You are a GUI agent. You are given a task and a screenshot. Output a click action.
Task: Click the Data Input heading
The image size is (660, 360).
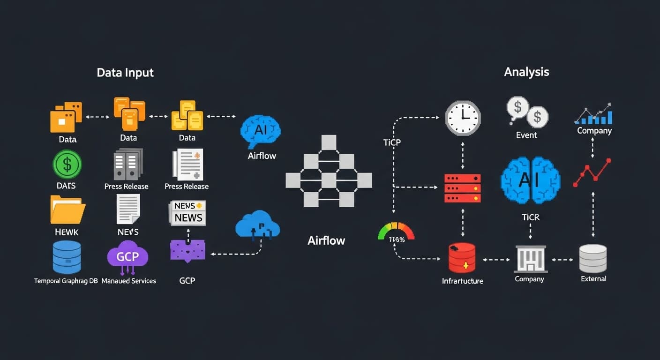(125, 73)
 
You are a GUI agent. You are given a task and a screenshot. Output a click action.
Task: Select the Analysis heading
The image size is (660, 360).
(526, 72)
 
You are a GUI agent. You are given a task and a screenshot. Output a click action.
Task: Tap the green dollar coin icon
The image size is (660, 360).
(67, 164)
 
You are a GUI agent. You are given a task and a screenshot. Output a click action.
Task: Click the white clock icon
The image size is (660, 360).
(463, 118)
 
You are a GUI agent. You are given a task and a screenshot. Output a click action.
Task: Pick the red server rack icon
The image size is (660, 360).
(463, 187)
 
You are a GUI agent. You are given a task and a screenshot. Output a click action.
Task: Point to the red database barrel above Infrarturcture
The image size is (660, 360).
(462, 258)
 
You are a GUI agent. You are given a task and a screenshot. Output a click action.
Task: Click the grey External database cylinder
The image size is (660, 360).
(593, 258)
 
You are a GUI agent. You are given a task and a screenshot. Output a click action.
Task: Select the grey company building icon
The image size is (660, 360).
(530, 258)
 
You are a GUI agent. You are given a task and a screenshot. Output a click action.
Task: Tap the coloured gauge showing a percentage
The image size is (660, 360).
(396, 232)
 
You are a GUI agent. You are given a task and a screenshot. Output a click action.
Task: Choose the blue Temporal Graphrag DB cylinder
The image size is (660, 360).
(67, 257)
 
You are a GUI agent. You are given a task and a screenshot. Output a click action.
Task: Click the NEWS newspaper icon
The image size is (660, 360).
(187, 213)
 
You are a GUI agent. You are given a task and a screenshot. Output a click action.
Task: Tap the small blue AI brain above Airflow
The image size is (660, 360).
(261, 132)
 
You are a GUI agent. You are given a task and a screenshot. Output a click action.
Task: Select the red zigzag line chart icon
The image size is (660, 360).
(592, 172)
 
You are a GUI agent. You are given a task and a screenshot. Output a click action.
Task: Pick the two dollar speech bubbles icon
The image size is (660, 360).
(527, 112)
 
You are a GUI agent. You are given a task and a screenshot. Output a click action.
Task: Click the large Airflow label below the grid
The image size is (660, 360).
(326, 240)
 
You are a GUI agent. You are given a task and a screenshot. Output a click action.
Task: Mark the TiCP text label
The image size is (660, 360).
(392, 142)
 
